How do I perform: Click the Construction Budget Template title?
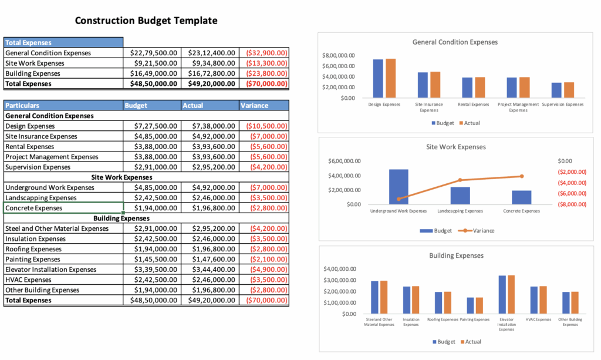click(x=146, y=21)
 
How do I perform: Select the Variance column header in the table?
click(x=254, y=106)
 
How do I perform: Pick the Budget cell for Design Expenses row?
click(x=152, y=126)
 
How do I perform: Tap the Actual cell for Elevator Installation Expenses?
click(x=210, y=270)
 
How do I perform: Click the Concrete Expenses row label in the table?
click(x=33, y=208)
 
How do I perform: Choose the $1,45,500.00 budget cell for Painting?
click(x=152, y=259)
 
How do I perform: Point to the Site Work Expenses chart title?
click(x=455, y=147)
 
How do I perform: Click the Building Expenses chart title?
click(x=456, y=255)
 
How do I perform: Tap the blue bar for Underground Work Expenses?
click(x=399, y=186)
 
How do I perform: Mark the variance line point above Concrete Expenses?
click(x=521, y=176)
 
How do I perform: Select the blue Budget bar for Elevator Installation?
click(x=502, y=294)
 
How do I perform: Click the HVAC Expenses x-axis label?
click(x=538, y=319)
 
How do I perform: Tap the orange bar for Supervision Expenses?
click(x=568, y=90)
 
